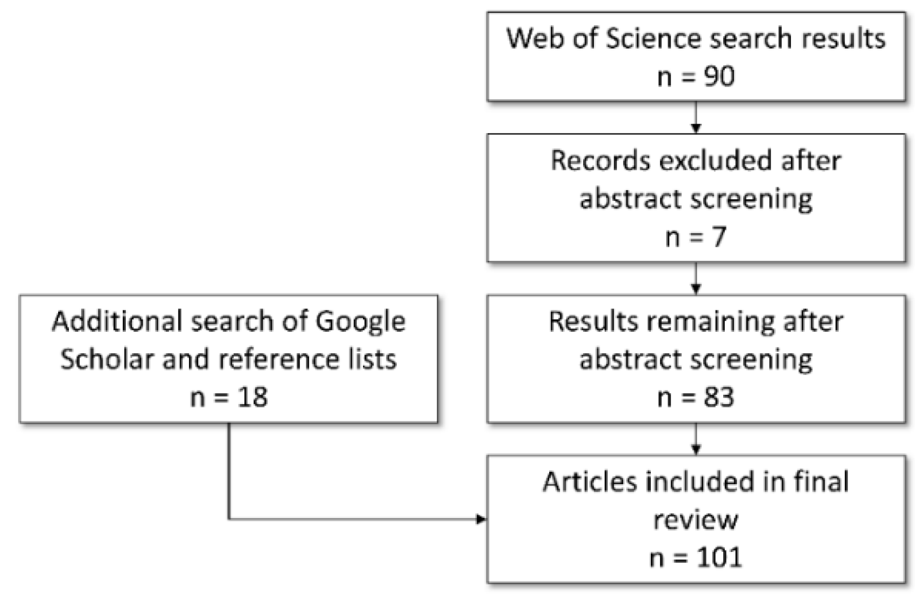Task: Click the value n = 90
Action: point(696,76)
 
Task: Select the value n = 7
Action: point(696,237)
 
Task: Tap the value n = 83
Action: point(696,397)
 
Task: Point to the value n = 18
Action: point(229,397)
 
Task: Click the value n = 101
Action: point(696,558)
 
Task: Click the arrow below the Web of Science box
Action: point(696,119)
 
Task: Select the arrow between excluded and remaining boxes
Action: point(696,279)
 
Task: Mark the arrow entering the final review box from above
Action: point(696,440)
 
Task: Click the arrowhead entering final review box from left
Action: point(481,519)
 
